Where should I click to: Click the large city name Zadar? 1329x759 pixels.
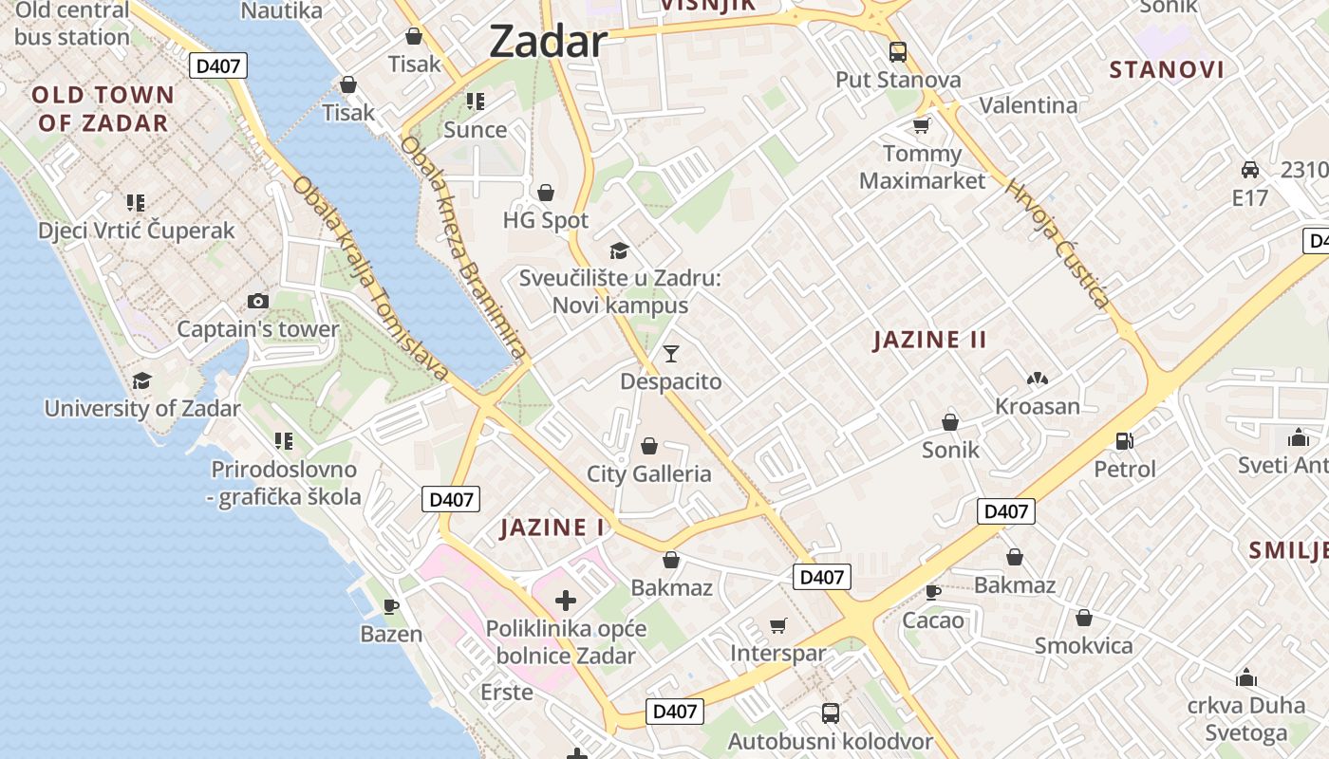tap(548, 42)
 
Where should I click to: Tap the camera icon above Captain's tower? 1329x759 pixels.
tap(257, 301)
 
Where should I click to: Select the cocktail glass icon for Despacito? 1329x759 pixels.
tap(671, 354)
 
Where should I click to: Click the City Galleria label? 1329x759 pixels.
tap(648, 473)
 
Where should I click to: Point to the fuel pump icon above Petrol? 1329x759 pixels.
tap(1125, 440)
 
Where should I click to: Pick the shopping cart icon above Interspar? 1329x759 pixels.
tap(778, 625)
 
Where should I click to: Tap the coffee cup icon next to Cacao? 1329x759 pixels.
tap(933, 592)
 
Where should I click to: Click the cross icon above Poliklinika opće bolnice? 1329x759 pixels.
tap(566, 600)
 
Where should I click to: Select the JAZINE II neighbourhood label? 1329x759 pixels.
tap(929, 340)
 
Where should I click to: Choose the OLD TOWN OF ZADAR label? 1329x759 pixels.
tap(103, 108)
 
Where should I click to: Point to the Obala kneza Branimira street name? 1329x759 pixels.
tap(462, 248)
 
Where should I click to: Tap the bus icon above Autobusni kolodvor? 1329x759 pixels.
tap(831, 713)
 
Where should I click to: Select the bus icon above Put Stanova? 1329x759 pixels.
tap(897, 51)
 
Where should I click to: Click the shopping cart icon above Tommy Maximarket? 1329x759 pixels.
tap(921, 125)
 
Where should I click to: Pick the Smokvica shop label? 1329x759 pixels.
tap(1083, 645)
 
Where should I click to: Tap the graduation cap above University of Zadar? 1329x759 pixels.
tap(141, 380)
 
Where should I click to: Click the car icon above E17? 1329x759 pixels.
tap(1250, 170)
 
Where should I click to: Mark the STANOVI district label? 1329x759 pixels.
tap(1166, 69)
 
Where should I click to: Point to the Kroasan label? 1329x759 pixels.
tap(1037, 406)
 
